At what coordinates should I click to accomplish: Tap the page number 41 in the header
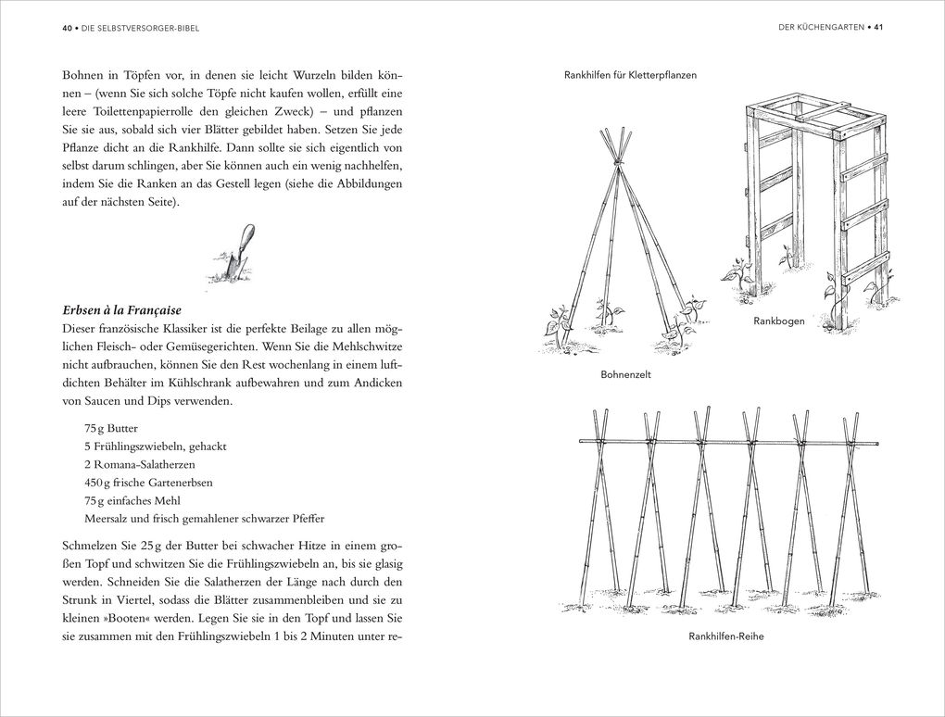(879, 28)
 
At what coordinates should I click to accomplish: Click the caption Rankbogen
(778, 321)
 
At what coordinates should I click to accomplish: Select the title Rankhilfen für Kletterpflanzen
(630, 75)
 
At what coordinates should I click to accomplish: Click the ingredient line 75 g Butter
(112, 429)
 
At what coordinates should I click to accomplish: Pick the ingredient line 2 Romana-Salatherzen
(139, 463)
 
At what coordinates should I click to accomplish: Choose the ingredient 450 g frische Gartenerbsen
(147, 482)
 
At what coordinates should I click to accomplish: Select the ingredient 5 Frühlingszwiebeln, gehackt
(155, 447)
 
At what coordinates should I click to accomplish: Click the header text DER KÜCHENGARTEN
(820, 28)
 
